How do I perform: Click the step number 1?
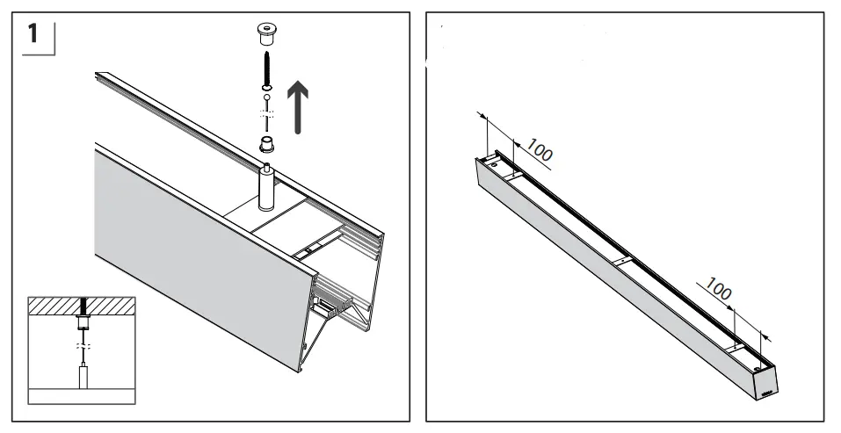click(33, 36)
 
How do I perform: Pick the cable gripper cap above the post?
click(264, 144)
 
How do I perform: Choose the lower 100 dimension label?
click(719, 290)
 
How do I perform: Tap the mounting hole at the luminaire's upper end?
click(495, 163)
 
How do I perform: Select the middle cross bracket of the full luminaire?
click(620, 262)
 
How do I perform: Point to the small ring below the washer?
click(264, 97)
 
